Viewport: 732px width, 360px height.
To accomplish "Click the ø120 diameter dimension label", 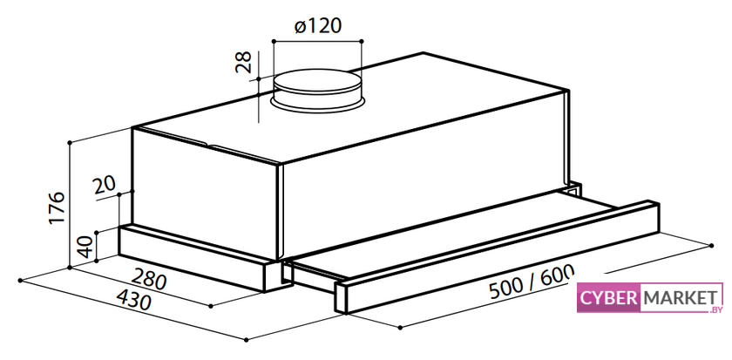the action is (x=318, y=25).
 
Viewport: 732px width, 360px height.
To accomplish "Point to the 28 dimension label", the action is (x=243, y=62).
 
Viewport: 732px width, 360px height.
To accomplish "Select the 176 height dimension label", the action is (x=57, y=207).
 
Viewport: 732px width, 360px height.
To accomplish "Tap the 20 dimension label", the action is (x=105, y=186).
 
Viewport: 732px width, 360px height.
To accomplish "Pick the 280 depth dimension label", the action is (x=148, y=279).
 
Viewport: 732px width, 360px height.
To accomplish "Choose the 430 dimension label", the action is (x=133, y=299).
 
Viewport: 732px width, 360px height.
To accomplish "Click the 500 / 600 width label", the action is (x=532, y=282).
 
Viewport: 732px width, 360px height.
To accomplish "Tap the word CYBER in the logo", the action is (x=608, y=298).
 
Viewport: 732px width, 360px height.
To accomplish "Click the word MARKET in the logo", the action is (x=680, y=297).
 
